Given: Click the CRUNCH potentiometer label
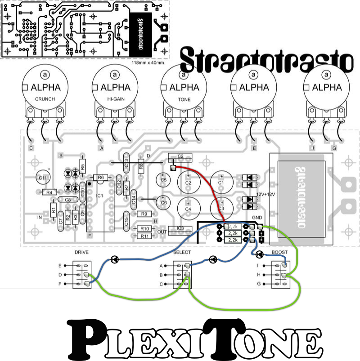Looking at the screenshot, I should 45,98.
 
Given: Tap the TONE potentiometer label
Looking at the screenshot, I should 184,98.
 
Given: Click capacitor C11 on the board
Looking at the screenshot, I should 43,178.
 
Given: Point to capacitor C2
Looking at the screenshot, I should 189,183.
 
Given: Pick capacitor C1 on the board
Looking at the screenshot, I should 221,183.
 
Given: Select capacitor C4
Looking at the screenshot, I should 189,208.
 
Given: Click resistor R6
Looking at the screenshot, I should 100,178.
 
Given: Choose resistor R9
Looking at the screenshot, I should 144,214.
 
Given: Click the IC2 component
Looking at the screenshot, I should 180,156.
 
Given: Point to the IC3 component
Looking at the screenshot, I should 180,228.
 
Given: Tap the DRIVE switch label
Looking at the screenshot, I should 81,253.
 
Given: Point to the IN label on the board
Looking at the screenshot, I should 40,217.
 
